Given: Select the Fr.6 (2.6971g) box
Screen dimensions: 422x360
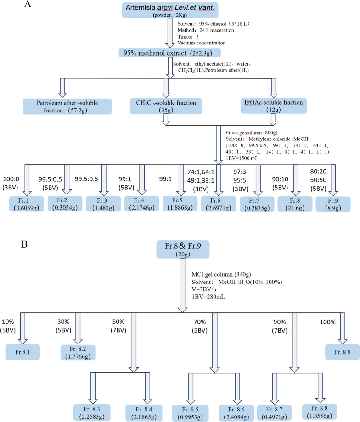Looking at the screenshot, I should (x=217, y=202).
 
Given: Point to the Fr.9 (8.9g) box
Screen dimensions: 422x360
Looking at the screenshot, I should (x=332, y=202).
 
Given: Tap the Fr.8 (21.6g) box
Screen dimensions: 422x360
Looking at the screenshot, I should (x=294, y=202).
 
